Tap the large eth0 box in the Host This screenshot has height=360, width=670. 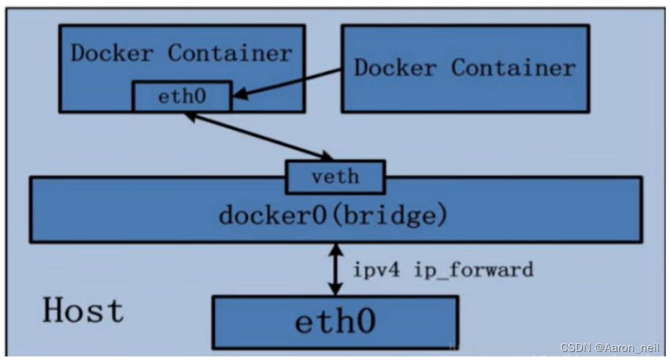[335, 321]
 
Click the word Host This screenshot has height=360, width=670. [83, 310]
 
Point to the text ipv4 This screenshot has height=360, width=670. [374, 269]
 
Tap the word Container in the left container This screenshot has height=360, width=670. [230, 53]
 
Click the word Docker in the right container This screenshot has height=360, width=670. [396, 67]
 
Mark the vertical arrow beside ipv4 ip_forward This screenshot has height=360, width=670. [336, 269]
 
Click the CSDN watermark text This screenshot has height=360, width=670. [576, 347]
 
